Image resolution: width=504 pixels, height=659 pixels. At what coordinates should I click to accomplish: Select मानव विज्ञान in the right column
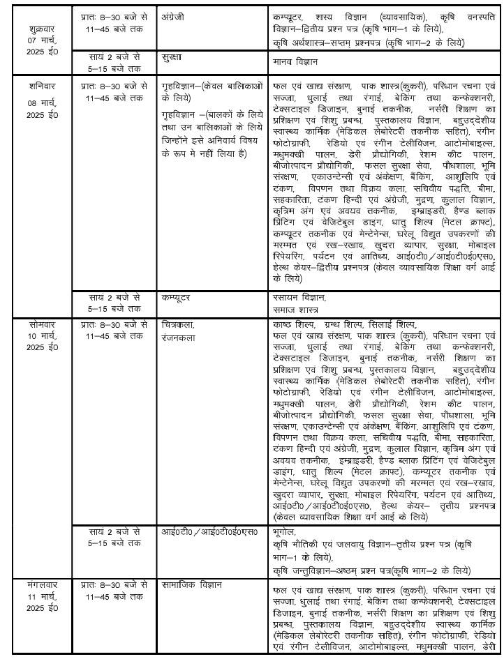click(x=294, y=62)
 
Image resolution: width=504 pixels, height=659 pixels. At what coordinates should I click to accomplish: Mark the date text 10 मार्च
click(x=36, y=337)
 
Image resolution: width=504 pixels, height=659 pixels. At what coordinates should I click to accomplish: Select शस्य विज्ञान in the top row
click(x=348, y=14)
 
